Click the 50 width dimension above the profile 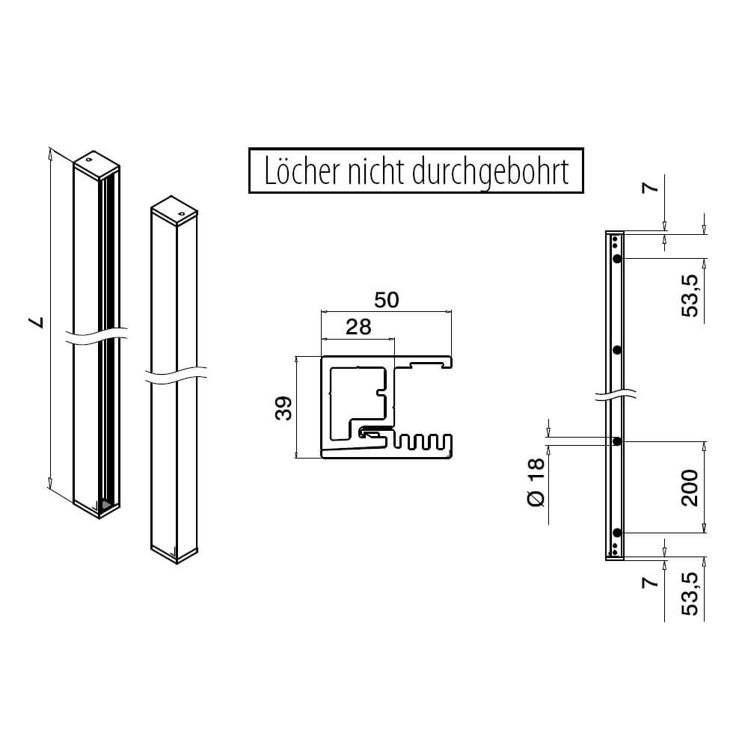[x=386, y=300]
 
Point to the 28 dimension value [x=358, y=326]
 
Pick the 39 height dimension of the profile [x=283, y=407]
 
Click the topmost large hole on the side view [x=617, y=258]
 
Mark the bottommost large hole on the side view [x=617, y=533]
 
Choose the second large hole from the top [x=617, y=350]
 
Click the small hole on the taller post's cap [x=88, y=159]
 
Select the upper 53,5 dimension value [x=690, y=295]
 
